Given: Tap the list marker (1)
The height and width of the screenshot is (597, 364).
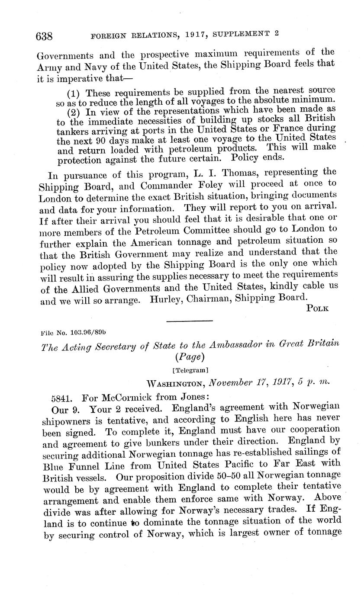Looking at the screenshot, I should pos(75,93).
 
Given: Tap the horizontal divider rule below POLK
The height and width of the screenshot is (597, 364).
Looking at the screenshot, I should pos(190,321).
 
